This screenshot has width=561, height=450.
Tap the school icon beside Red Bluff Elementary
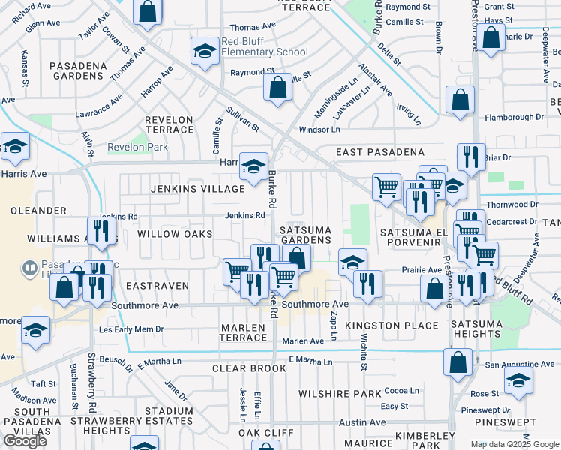(202, 52)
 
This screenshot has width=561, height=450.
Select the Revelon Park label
(137, 148)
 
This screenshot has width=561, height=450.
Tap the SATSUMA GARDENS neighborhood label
(305, 234)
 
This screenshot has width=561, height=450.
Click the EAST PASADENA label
(379, 152)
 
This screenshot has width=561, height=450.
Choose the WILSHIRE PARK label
(340, 393)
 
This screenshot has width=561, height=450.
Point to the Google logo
(25, 441)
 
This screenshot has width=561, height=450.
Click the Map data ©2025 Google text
(514, 444)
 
